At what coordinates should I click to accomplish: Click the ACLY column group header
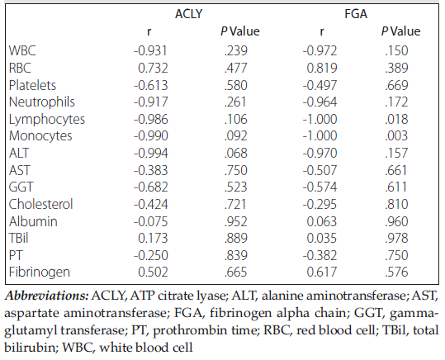pos(189,14)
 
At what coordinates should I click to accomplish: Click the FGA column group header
pos(356,14)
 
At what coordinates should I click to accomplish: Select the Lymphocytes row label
pos(47,119)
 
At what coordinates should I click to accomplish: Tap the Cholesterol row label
pos(41,204)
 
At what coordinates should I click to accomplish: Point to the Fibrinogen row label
pos(40,272)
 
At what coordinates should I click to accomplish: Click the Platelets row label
pos(32,85)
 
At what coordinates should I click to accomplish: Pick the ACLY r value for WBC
pos(150,51)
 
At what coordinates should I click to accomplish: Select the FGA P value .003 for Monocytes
pos(396,135)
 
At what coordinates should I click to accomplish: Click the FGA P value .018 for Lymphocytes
pos(396,119)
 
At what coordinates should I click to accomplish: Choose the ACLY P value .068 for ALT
pos(236,153)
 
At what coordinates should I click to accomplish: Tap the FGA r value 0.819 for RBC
pos(322,68)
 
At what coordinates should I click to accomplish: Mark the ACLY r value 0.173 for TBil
pos(153,238)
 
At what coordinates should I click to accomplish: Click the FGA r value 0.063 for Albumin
pos(322,221)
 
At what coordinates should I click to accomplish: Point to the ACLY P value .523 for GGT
pos(236,187)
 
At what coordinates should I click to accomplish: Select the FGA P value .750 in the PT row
pos(396,255)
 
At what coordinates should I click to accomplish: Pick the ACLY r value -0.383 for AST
pos(151,170)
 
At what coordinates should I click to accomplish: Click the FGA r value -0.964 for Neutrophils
pos(320,102)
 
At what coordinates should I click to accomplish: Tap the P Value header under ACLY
pos(240,31)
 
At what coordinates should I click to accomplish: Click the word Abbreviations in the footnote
pos(47,296)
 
